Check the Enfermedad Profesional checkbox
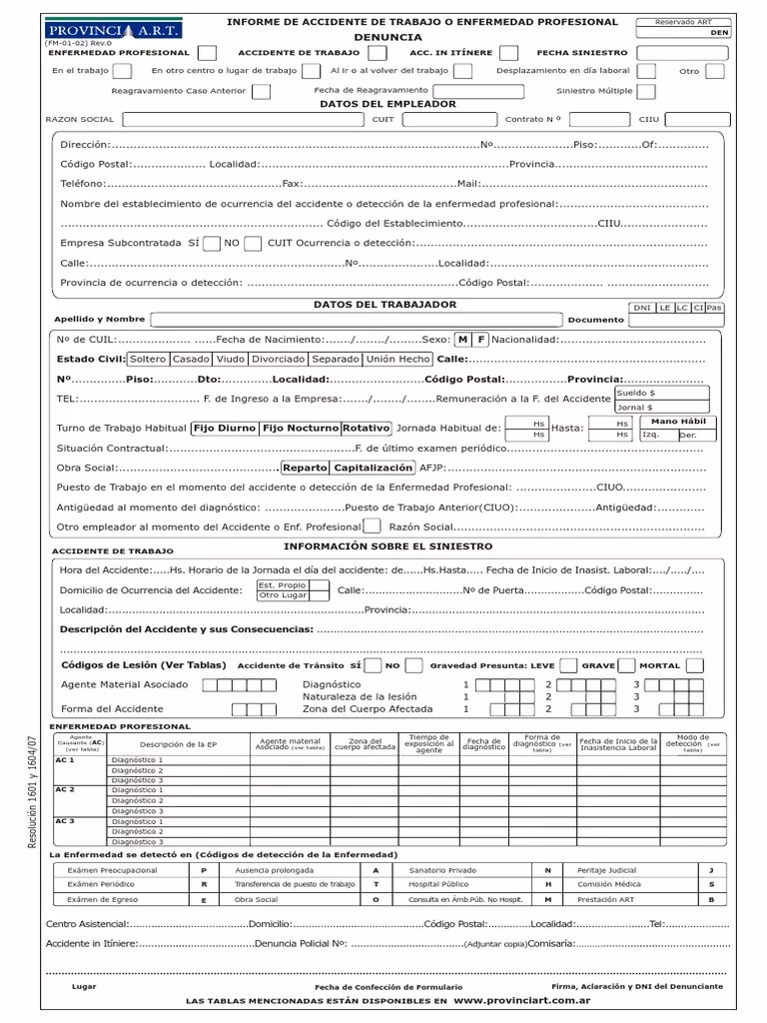point(207,53)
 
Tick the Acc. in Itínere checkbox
point(509,53)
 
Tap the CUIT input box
point(447,119)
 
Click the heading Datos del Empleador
point(375,104)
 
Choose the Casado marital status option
point(192,359)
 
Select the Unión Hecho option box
point(398,359)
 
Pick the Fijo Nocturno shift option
point(300,428)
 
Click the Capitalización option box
point(373,468)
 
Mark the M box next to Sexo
point(463,340)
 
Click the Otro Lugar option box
point(283,595)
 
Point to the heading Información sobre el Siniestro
point(387,547)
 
